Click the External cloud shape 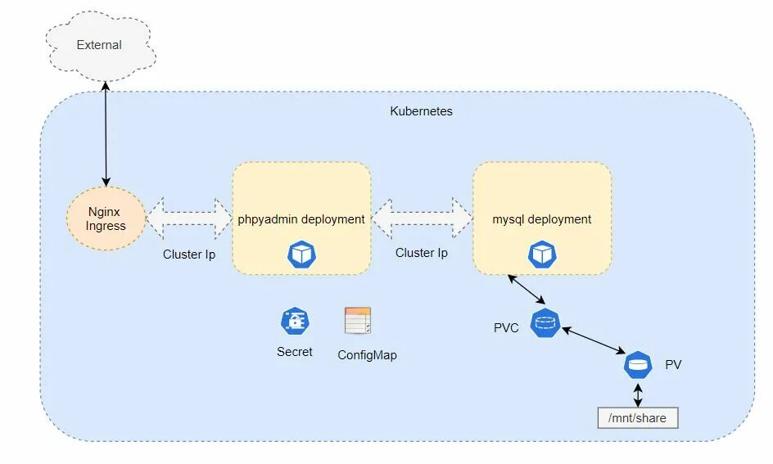click(99, 45)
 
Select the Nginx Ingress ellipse click(106, 218)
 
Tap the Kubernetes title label click(421, 110)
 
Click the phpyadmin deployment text click(301, 219)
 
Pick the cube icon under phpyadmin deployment click(301, 255)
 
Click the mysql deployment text click(541, 219)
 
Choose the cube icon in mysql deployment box click(541, 255)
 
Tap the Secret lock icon click(295, 322)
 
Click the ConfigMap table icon click(358, 322)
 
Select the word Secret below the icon click(295, 352)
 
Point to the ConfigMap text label click(367, 355)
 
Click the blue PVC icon click(545, 323)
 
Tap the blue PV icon click(638, 364)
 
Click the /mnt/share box click(638, 418)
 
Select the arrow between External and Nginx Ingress click(106, 131)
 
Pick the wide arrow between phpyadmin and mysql click(422, 218)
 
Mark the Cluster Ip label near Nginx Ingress click(189, 255)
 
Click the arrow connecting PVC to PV click(593, 340)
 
